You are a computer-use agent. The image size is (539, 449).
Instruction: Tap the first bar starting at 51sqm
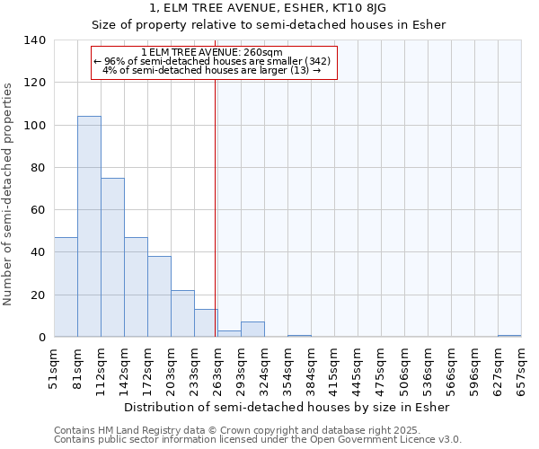point(66,287)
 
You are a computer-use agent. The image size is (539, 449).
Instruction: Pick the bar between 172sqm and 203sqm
point(159,296)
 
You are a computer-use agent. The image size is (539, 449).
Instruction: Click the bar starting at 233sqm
point(206,323)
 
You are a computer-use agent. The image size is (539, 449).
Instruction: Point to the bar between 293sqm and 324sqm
point(252,330)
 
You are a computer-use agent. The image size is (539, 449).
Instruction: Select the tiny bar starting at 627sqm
point(509,336)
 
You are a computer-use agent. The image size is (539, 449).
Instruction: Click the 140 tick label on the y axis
point(34,40)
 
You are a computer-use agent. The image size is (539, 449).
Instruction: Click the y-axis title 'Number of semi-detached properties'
point(9,194)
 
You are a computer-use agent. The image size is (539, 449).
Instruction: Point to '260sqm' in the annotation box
point(265,52)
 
